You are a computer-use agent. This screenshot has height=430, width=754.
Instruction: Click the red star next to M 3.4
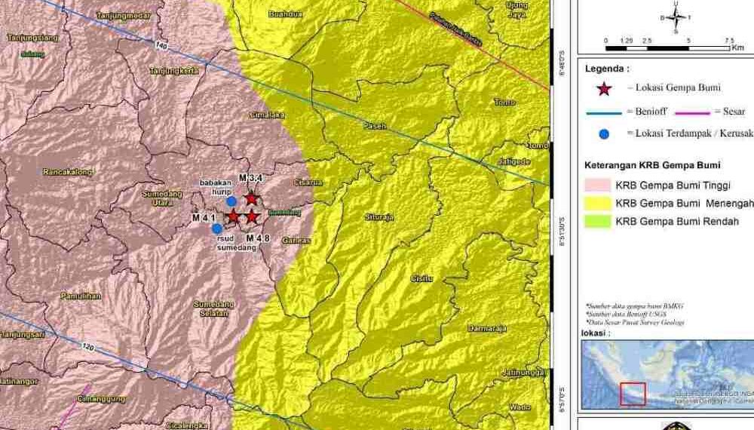point(251,198)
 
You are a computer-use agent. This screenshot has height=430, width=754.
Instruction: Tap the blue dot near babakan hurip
point(231,201)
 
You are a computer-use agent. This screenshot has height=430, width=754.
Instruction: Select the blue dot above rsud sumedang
point(217,228)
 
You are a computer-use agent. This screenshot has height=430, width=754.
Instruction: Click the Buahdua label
point(285,13)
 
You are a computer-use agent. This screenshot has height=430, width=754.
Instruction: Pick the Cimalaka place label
point(268,115)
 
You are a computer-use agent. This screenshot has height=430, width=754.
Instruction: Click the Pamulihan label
point(82,296)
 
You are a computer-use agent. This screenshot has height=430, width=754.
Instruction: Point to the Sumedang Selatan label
point(214,308)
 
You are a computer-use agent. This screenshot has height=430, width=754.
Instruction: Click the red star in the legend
point(603,88)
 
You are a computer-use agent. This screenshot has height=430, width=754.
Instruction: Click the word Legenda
point(608,69)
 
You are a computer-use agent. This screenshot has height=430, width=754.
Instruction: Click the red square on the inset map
point(633,394)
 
